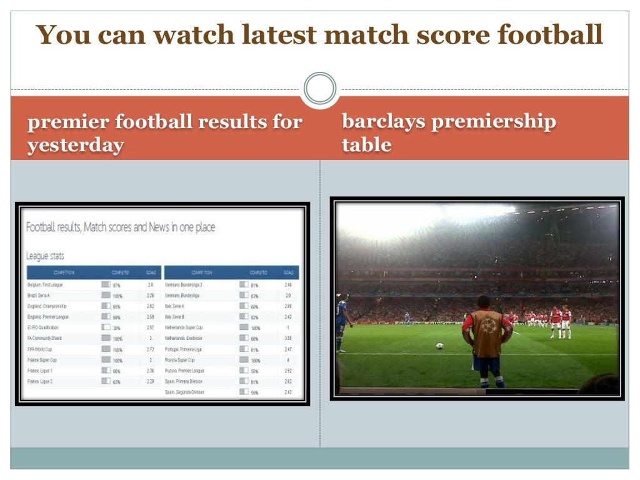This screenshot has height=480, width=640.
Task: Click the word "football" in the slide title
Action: (x=551, y=36)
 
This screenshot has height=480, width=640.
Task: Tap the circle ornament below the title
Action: (x=320, y=89)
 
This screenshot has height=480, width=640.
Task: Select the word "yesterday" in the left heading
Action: (x=75, y=146)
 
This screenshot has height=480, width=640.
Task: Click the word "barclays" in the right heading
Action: (x=383, y=121)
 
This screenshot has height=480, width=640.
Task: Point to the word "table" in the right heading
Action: (x=367, y=146)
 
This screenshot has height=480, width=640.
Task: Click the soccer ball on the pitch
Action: (x=439, y=346)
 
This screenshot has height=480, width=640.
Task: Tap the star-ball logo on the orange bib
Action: (x=488, y=325)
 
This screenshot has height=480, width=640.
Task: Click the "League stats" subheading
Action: (x=45, y=256)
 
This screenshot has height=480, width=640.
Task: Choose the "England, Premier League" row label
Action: (x=48, y=317)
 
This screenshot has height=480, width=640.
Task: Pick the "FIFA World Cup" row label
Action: (x=40, y=349)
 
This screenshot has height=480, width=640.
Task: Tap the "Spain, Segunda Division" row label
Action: (x=184, y=392)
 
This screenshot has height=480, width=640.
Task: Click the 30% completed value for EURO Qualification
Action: (x=117, y=328)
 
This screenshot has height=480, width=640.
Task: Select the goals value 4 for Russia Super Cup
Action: (x=288, y=360)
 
